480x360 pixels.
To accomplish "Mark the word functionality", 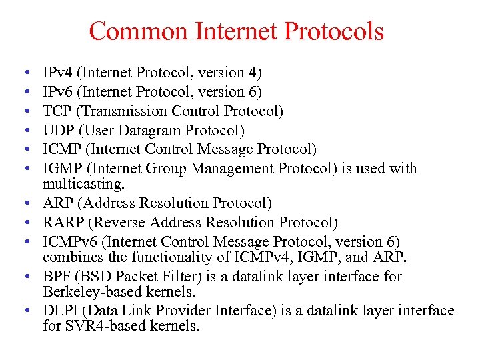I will (159, 257).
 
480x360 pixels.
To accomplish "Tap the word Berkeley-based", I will (87, 291).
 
